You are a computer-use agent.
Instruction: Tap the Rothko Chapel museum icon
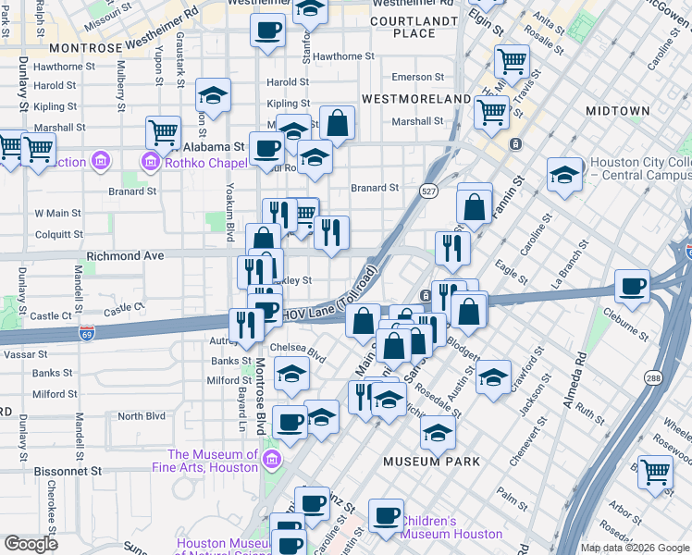[149, 163]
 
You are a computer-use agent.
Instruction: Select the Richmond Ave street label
[124, 255]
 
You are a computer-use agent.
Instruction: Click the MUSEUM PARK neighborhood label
[434, 461]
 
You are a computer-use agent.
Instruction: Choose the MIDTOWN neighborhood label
[617, 111]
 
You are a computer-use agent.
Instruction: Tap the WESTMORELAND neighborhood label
[415, 98]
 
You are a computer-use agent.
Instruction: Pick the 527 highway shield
[427, 191]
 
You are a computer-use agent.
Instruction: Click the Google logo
[31, 543]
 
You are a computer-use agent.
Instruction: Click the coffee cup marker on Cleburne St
[634, 286]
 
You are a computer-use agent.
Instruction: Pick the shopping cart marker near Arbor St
[656, 471]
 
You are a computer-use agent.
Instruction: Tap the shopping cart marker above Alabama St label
[163, 131]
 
